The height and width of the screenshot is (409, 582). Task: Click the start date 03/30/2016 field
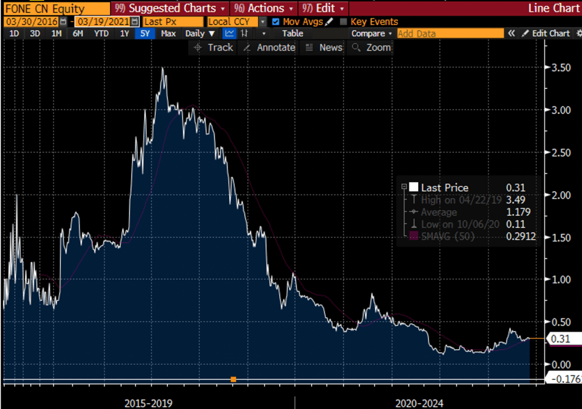pyautogui.click(x=31, y=22)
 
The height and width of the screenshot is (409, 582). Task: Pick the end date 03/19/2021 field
pyautogui.click(x=102, y=22)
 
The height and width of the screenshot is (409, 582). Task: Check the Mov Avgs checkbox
pyautogui.click(x=276, y=22)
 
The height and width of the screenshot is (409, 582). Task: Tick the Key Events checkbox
pyautogui.click(x=343, y=22)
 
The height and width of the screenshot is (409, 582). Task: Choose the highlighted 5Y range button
pyautogui.click(x=145, y=34)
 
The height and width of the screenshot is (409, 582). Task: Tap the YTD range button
pyautogui.click(x=101, y=34)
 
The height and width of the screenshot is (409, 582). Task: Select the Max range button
pyautogui.click(x=168, y=34)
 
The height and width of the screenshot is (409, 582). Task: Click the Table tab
pyautogui.click(x=292, y=34)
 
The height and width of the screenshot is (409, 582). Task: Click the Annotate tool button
pyautogui.click(x=270, y=48)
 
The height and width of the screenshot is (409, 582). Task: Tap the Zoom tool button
pyautogui.click(x=372, y=48)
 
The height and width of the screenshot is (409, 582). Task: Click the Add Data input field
pyautogui.click(x=449, y=34)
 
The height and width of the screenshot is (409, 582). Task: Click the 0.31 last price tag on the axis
pyautogui.click(x=560, y=339)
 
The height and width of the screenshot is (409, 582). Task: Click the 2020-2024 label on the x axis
pyautogui.click(x=420, y=403)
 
